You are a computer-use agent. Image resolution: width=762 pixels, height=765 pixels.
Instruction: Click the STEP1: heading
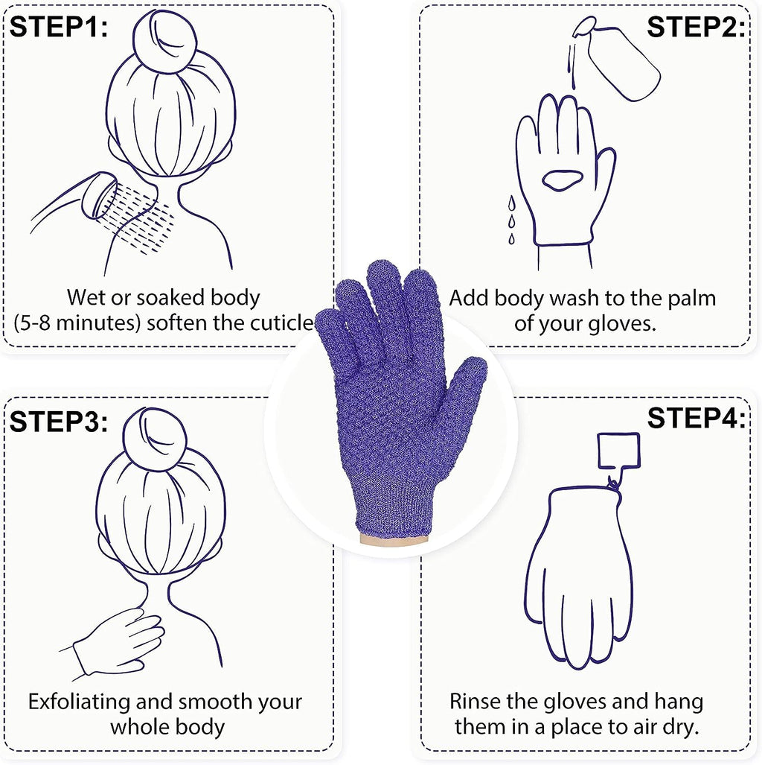pos(59,28)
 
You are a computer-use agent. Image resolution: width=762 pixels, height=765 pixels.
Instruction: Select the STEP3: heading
pos(59,422)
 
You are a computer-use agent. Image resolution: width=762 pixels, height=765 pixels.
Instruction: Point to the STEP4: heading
pos(695,419)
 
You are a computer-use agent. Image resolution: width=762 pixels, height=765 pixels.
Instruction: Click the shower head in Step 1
pos(98,195)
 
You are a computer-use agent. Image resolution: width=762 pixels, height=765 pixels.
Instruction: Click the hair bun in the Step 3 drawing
pos(159,439)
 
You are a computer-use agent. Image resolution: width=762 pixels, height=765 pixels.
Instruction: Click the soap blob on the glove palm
pos(563,179)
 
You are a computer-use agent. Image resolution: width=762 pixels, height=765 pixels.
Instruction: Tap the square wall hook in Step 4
pos(618,453)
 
